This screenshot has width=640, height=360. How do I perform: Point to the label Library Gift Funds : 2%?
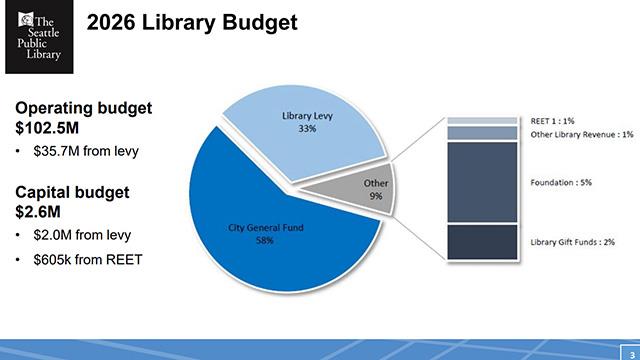point(571,242)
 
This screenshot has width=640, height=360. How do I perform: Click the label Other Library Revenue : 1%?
point(583,133)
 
